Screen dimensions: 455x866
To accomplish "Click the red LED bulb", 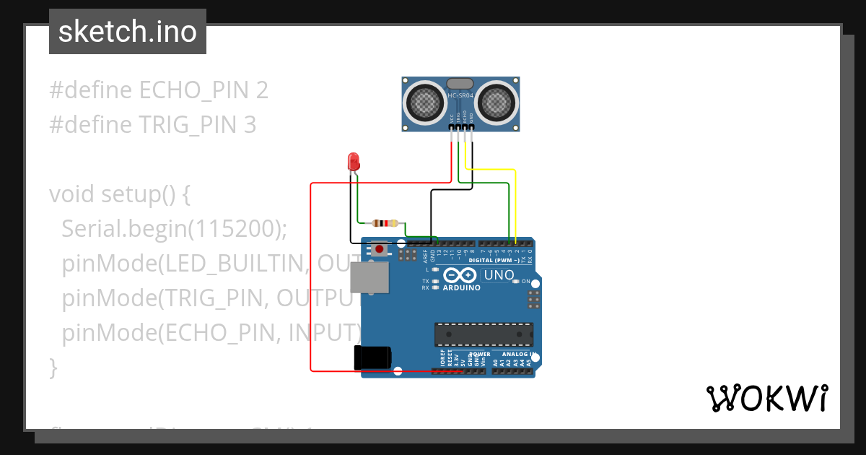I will pyautogui.click(x=354, y=161).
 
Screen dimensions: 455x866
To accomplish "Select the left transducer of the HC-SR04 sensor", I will pyautogui.click(x=424, y=102).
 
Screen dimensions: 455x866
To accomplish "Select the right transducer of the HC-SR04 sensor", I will pyautogui.click(x=496, y=102).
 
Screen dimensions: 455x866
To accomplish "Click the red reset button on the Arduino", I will pyautogui.click(x=379, y=249).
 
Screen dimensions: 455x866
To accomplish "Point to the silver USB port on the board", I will pyautogui.click(x=369, y=278).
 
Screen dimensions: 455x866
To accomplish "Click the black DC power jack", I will pyautogui.click(x=372, y=358).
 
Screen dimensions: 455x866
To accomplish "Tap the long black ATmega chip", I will pyautogui.click(x=484, y=334).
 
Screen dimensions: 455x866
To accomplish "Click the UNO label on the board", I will pyautogui.click(x=499, y=275).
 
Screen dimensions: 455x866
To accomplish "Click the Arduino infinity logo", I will pyautogui.click(x=460, y=275).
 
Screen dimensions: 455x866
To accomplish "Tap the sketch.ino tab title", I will pyautogui.click(x=128, y=32).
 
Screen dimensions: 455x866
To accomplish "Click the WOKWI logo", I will pyautogui.click(x=766, y=398).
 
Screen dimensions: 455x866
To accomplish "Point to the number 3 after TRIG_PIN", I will pyautogui.click(x=249, y=125).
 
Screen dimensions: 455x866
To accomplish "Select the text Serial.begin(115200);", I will pyautogui.click(x=175, y=229).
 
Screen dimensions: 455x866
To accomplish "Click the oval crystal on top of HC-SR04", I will pyautogui.click(x=460, y=84).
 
